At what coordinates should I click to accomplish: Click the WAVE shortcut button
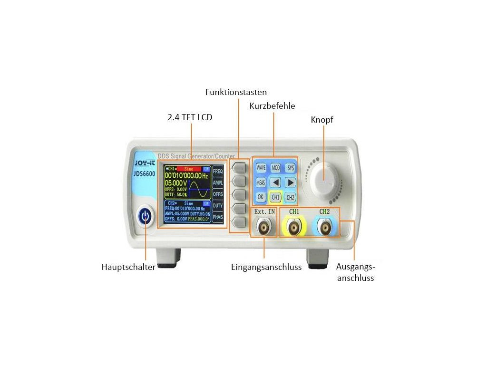[x=261, y=168]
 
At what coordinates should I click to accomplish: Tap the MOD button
[x=275, y=168]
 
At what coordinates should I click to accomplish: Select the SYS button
[x=291, y=168]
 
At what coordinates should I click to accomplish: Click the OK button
[x=261, y=197]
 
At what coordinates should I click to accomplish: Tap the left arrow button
[x=275, y=182]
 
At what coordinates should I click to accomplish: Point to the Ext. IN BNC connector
[x=264, y=228]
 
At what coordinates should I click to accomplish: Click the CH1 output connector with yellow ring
[x=294, y=228]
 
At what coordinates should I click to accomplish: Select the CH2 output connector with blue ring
[x=325, y=228]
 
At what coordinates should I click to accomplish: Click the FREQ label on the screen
[x=217, y=171]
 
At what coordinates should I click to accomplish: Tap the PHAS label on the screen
[x=217, y=217]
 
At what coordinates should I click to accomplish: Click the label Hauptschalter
[x=128, y=267]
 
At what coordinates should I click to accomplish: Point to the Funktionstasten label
[x=236, y=92]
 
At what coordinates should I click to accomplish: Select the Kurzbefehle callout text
[x=272, y=106]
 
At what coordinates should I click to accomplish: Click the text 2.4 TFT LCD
[x=190, y=117]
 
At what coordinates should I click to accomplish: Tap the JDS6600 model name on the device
[x=145, y=173]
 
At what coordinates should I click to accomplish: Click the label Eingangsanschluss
[x=266, y=267]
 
